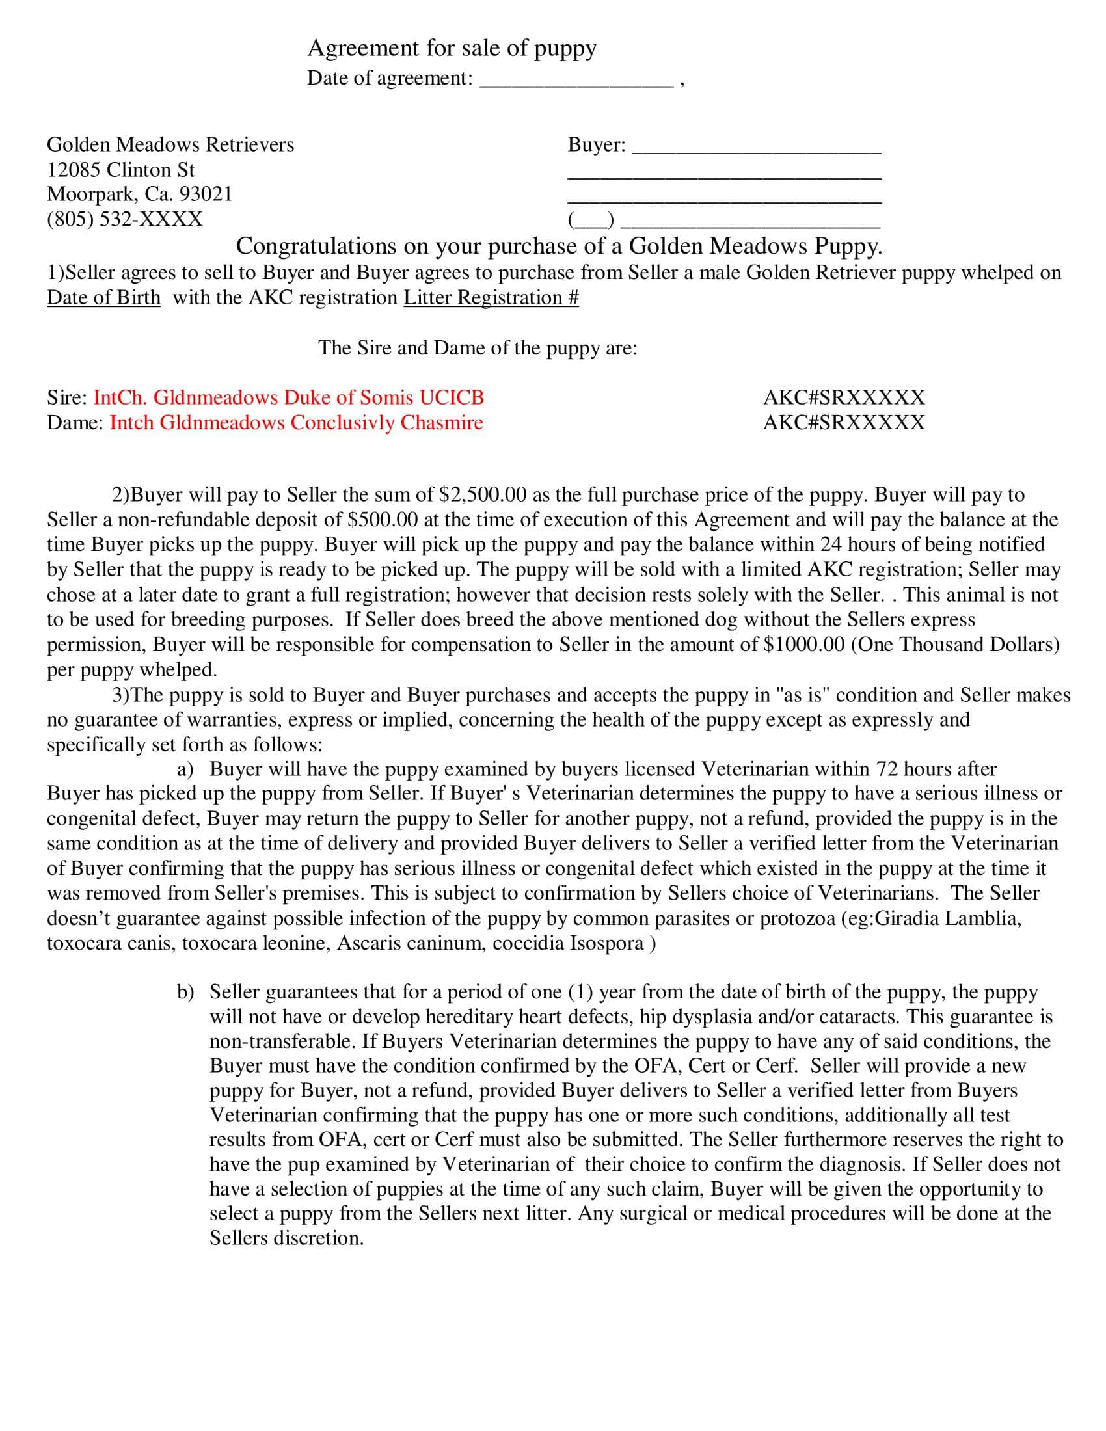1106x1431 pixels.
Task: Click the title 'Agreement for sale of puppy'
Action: point(452,49)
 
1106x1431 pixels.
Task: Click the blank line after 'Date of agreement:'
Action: point(576,81)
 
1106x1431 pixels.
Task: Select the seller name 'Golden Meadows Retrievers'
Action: point(170,145)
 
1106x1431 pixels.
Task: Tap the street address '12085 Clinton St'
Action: point(120,170)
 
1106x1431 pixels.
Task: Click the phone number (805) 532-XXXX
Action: point(124,219)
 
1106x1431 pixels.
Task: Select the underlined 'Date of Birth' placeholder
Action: point(103,298)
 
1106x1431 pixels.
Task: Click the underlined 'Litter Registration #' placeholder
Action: point(491,298)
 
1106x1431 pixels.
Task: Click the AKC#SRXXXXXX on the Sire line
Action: point(844,397)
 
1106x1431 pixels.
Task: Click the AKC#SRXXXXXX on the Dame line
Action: point(844,423)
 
